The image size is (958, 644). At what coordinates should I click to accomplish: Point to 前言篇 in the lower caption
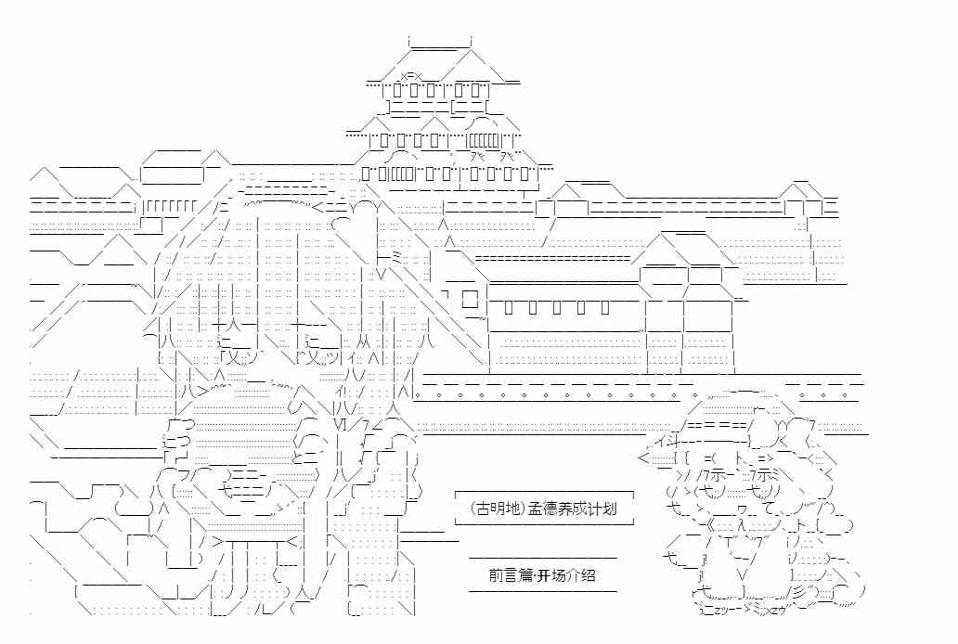tap(511, 573)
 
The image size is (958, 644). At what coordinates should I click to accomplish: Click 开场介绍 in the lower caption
tap(571, 573)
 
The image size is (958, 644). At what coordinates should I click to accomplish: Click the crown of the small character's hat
tap(743, 402)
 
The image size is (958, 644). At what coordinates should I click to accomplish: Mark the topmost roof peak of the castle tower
tap(441, 43)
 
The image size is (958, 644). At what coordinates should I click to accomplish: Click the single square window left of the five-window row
tap(468, 299)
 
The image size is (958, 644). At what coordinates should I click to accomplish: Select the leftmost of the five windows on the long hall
tap(514, 307)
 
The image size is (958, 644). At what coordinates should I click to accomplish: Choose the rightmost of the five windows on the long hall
tap(604, 307)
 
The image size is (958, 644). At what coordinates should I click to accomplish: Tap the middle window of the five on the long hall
tap(560, 307)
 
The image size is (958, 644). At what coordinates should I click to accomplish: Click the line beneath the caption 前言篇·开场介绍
tap(542, 590)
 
